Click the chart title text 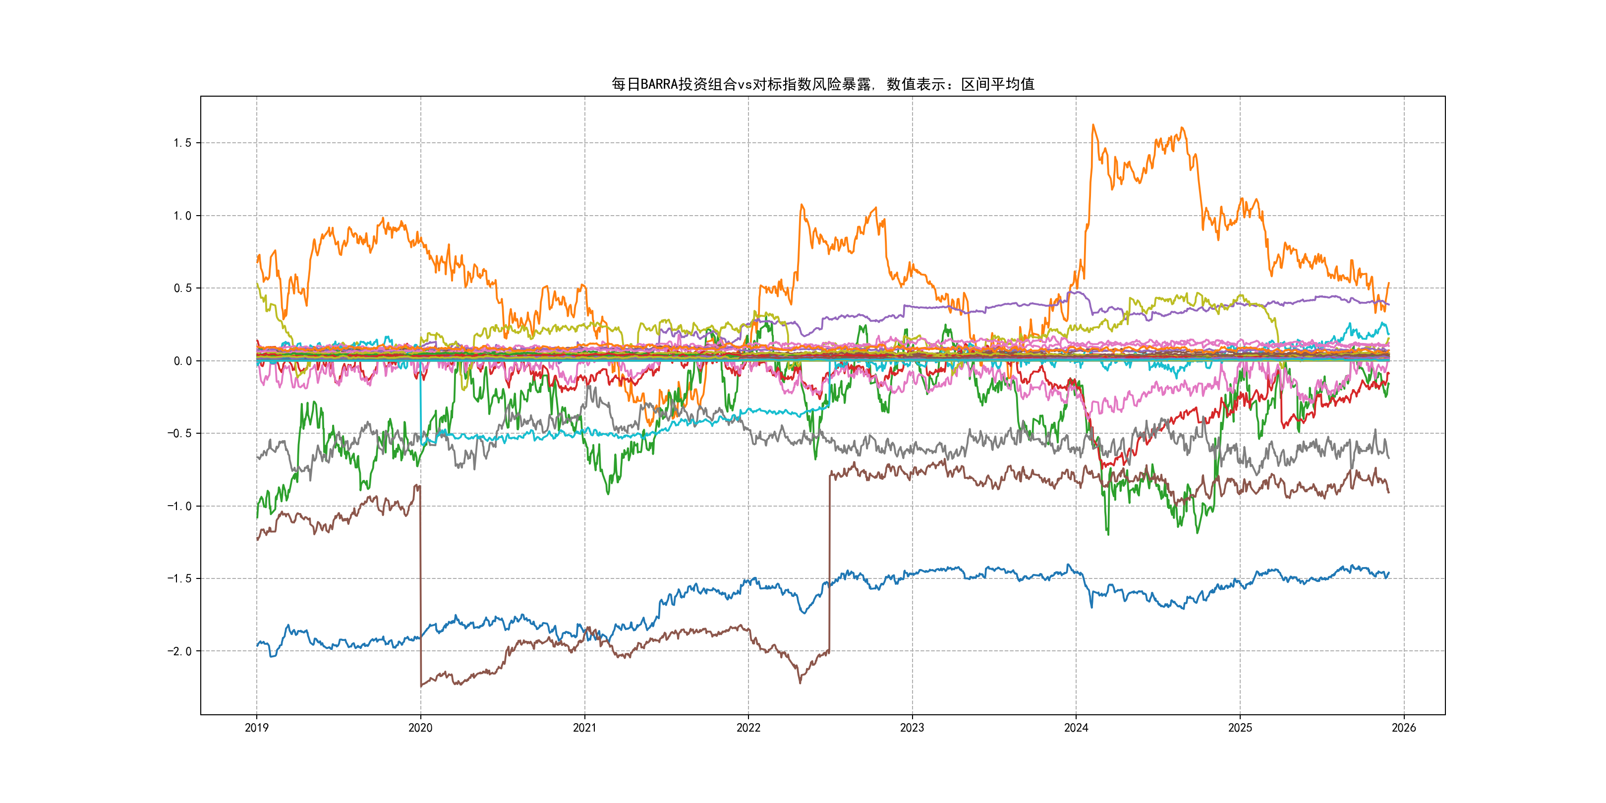click(x=822, y=84)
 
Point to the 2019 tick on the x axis click(x=256, y=728)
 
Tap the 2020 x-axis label click(x=420, y=728)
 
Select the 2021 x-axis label click(x=584, y=728)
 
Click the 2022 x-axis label click(x=748, y=728)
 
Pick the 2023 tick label click(x=912, y=728)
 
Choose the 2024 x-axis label click(x=1076, y=728)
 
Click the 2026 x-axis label click(x=1404, y=728)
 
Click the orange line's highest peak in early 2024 click(x=1093, y=125)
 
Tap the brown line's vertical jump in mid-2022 click(x=829, y=561)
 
